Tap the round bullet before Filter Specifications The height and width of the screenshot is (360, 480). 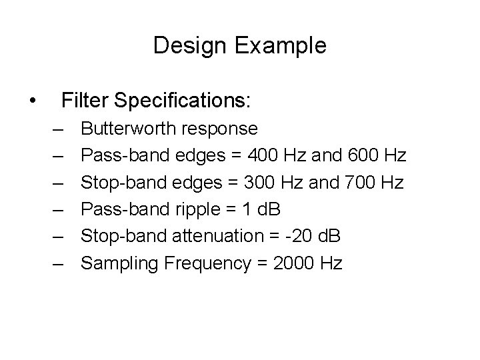click(33, 101)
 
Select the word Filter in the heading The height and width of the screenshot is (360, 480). click(85, 101)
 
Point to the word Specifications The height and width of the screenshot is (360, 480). click(182, 101)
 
